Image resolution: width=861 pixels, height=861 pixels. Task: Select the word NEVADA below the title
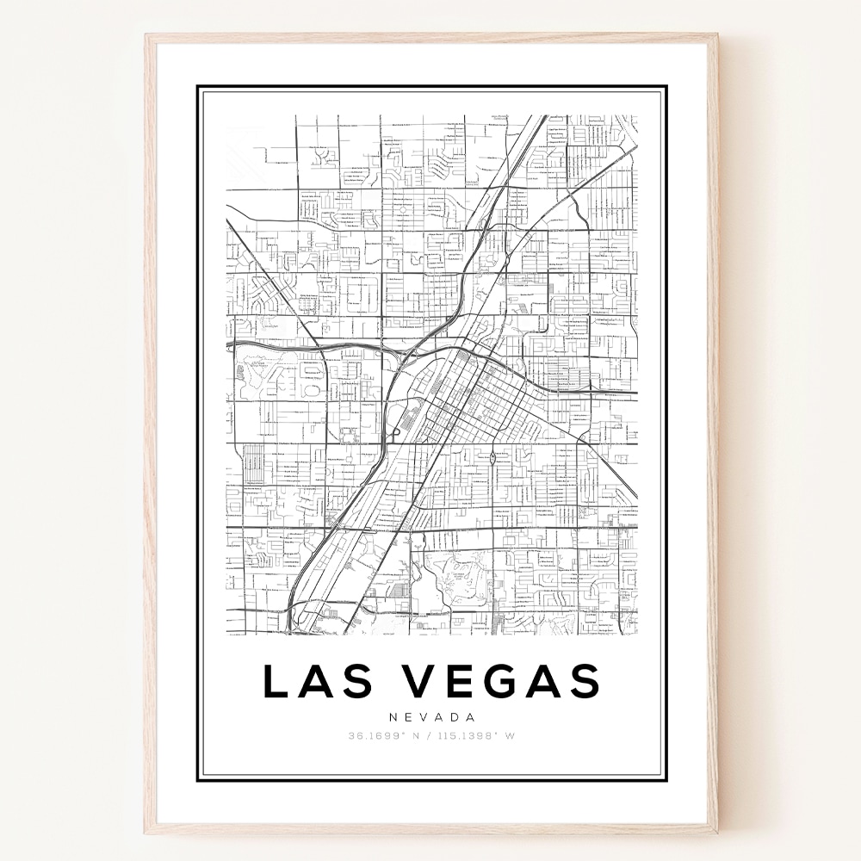431,716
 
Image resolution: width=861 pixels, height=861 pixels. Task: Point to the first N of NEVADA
393,716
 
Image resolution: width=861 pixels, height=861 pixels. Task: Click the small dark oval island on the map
492,458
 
